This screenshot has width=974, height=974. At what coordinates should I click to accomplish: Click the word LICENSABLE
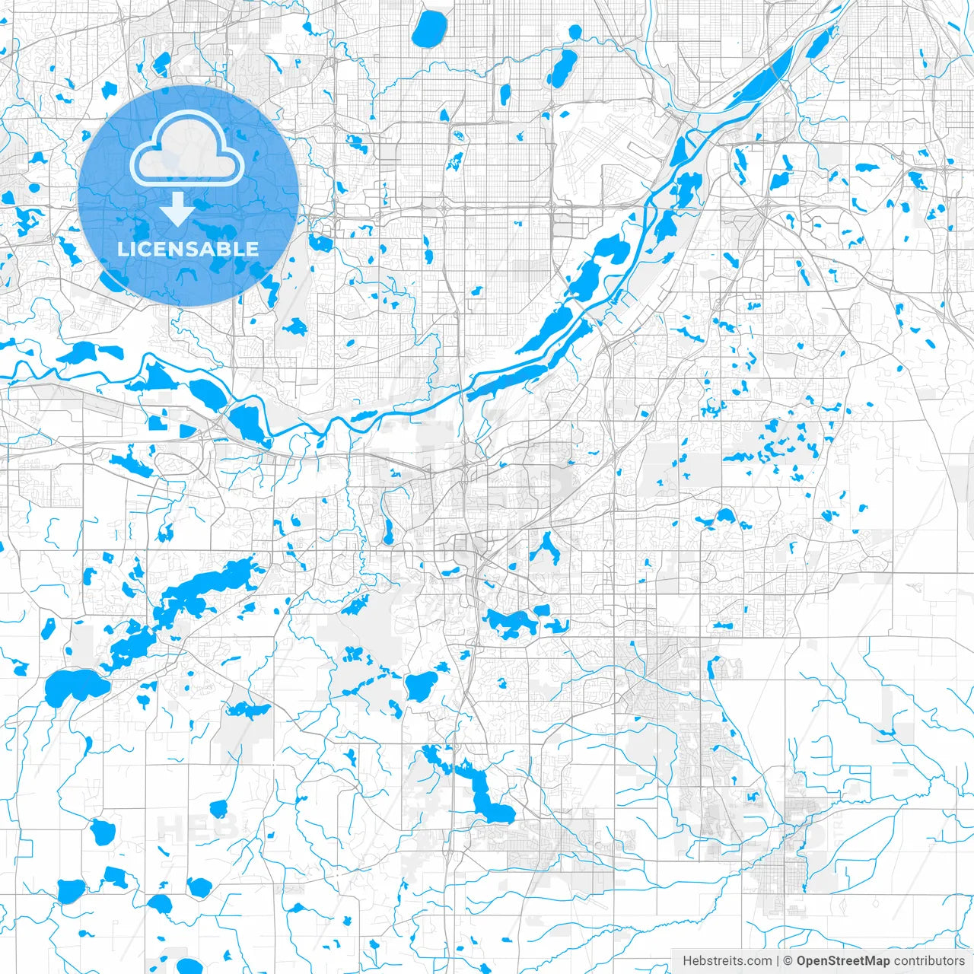click(187, 249)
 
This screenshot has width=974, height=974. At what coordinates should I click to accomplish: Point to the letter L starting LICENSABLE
click(122, 249)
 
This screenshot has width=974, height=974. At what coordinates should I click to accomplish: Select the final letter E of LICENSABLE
click(252, 249)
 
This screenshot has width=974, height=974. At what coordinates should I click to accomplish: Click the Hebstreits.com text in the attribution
click(727, 961)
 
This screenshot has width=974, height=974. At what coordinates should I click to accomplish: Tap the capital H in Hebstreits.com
click(687, 961)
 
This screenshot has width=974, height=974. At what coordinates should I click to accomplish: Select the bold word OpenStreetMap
click(842, 961)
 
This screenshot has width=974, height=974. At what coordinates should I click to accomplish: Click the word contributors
click(929, 961)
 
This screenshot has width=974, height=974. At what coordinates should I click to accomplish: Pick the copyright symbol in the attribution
click(788, 961)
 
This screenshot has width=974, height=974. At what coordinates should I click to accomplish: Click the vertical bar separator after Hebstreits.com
click(778, 961)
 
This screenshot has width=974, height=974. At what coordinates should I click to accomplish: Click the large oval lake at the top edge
click(430, 28)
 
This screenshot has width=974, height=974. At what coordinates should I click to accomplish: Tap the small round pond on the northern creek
click(575, 32)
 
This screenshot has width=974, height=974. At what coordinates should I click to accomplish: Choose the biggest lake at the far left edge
click(72, 687)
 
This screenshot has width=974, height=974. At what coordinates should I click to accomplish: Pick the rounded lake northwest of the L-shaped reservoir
click(421, 685)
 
